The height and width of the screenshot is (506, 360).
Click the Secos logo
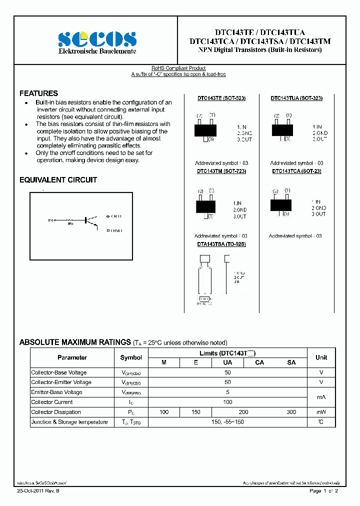coord(97,39)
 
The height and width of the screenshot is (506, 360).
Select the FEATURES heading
coord(38,93)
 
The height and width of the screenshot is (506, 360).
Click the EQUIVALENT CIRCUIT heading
coord(58,180)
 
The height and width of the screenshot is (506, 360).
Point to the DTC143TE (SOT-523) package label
coord(221,98)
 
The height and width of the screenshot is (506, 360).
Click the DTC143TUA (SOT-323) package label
coord(296,98)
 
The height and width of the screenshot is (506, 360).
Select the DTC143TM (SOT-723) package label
coord(221,171)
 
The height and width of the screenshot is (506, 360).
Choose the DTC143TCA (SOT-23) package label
coord(296,171)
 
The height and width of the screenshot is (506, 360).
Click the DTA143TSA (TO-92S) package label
coord(221,244)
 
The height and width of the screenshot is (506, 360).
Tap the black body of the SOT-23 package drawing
coord(280,205)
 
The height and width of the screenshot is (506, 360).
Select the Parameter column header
coord(72,357)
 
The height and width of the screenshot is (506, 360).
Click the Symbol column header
coord(131,357)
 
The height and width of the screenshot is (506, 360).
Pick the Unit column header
coord(321,357)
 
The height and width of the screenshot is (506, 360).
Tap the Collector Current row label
coord(52,402)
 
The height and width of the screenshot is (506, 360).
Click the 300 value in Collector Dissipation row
coord(291,412)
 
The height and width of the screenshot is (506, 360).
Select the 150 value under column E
coord(196,412)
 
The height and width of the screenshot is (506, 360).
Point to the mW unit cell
coord(321,412)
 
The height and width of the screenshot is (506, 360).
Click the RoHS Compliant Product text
coord(178,68)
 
